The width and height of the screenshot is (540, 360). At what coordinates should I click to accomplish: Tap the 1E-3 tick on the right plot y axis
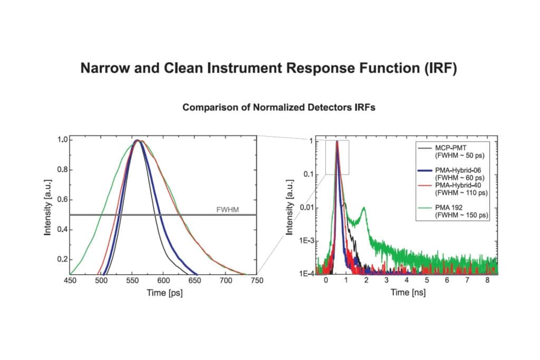(306, 240)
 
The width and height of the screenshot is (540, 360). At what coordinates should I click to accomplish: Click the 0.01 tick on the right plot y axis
(306, 207)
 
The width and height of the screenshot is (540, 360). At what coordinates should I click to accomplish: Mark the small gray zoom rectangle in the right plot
(337, 157)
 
